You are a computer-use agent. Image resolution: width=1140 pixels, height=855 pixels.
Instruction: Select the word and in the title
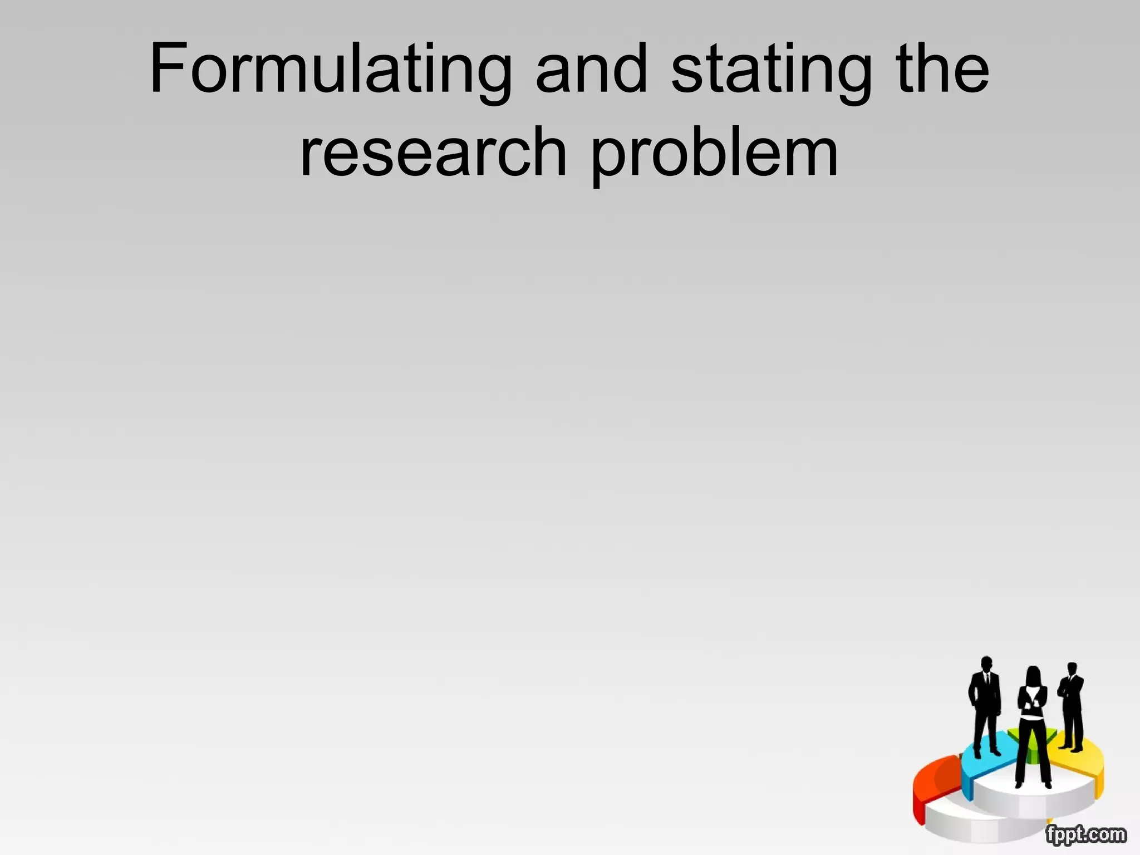click(x=591, y=70)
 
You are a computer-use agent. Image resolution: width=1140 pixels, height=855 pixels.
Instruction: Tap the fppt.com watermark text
click(x=1085, y=834)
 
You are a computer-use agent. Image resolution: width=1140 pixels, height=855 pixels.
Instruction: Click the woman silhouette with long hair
click(x=1033, y=724)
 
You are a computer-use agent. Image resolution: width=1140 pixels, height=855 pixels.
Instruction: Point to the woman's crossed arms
click(x=1033, y=700)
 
